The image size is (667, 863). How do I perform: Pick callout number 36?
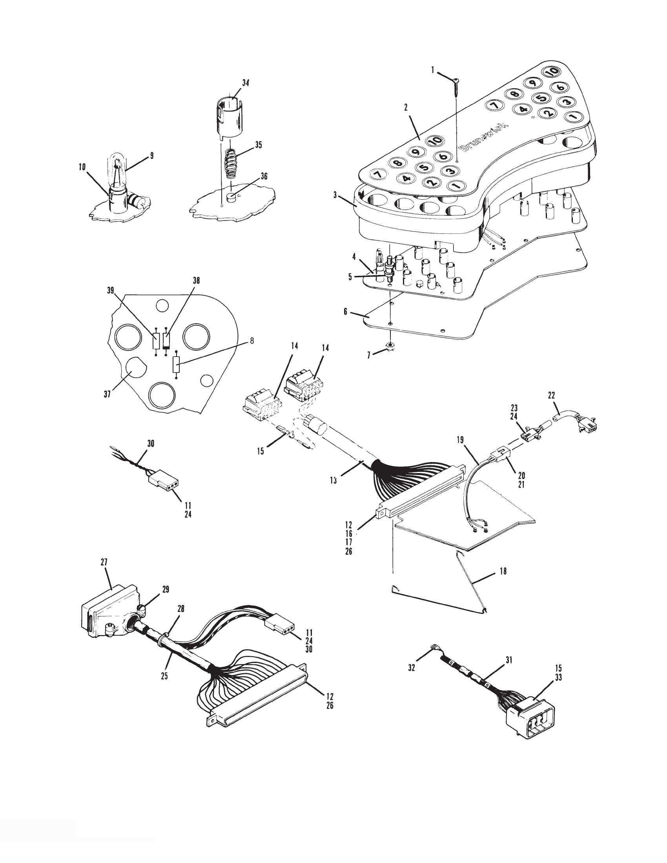point(264,176)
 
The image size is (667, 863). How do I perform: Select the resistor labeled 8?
point(176,364)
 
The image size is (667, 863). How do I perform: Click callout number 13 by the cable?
point(334,480)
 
